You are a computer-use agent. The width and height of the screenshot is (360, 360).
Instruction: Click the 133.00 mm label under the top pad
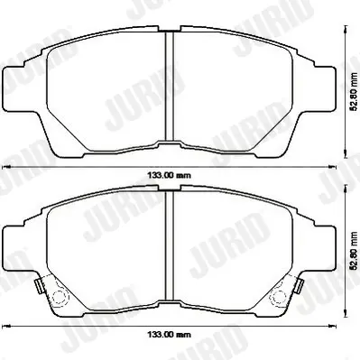point(169,175)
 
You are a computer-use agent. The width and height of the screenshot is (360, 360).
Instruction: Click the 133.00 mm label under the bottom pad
point(169,334)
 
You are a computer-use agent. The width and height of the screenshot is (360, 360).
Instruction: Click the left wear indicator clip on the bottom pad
point(38,286)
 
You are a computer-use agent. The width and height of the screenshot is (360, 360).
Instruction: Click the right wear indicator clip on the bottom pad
point(300,286)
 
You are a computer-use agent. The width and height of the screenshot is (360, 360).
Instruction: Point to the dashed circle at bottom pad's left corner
point(60,297)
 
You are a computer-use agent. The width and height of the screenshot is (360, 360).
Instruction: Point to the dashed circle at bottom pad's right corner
point(277,297)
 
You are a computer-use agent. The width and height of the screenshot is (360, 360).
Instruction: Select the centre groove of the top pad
point(170,87)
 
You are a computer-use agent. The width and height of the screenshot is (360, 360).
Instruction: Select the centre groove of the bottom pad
point(170,245)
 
